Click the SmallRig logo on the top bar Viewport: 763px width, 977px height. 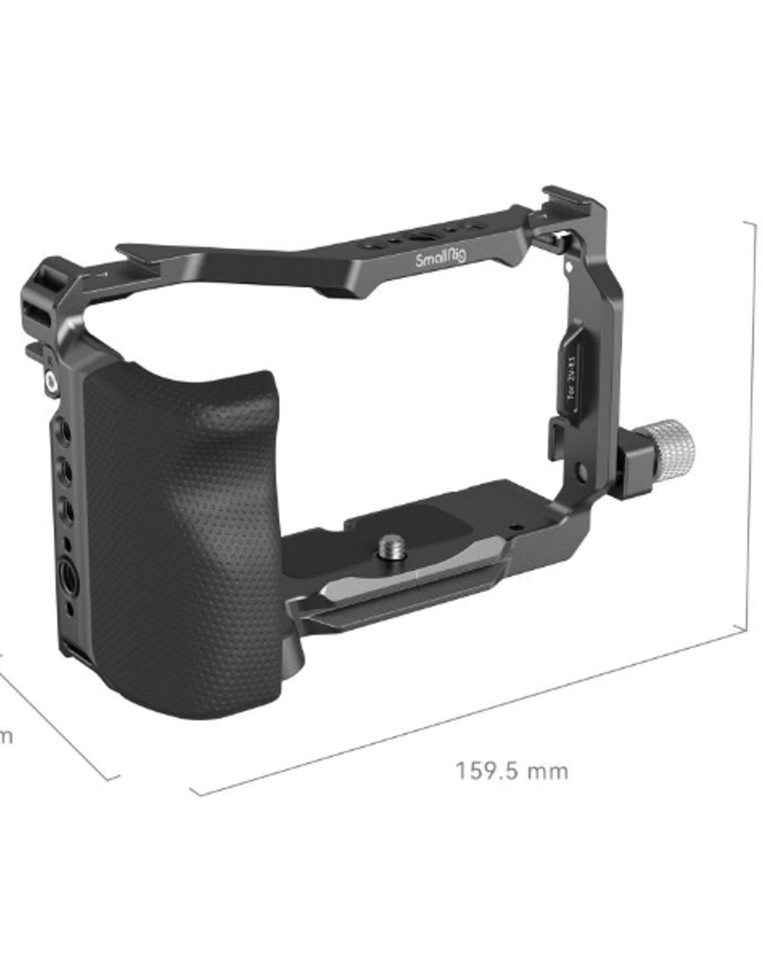tap(441, 260)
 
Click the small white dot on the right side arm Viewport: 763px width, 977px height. tap(569, 263)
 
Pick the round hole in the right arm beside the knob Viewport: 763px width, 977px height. tap(580, 473)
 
